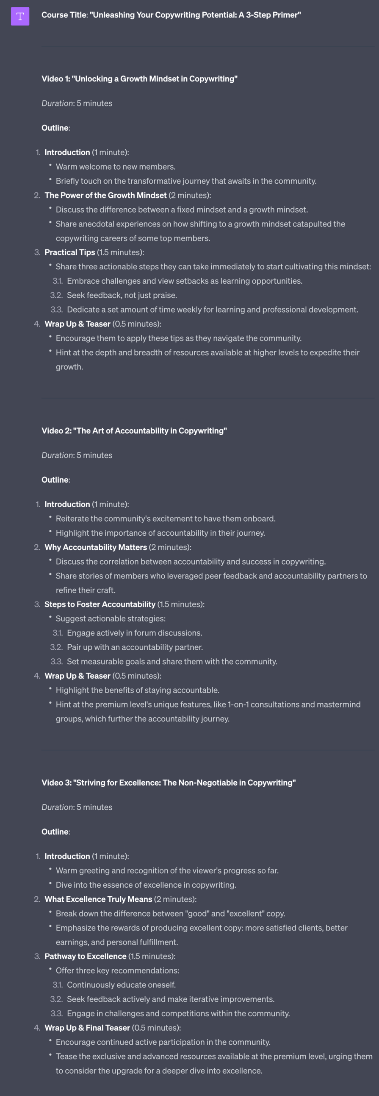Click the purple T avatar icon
coord(20,17)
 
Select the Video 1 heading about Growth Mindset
coord(139,79)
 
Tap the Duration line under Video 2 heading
coord(77,455)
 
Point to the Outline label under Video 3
coord(55,832)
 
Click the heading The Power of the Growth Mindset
coord(105,195)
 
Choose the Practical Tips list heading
coord(70,252)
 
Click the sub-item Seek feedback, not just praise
coord(122,295)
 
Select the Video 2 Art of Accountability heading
coord(134,431)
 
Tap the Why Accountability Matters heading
coord(96,547)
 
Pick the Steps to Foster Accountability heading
coord(100,604)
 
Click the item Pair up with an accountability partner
coord(135,647)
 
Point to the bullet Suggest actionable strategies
coord(111,619)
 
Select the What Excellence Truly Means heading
coord(98,899)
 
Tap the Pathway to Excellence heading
coord(86,956)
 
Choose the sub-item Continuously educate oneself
coord(121,984)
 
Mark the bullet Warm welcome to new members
coord(116,167)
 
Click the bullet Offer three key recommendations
coord(117,970)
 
